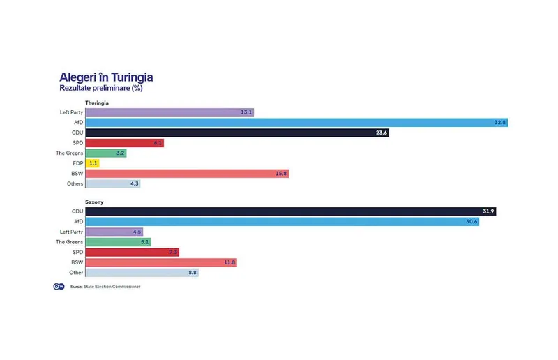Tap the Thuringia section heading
(96, 103)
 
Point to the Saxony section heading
(94, 201)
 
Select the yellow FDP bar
(93, 163)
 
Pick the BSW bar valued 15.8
(187, 173)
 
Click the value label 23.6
(381, 133)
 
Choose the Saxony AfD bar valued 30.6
(282, 221)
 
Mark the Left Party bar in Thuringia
(169, 112)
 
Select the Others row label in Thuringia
(75, 183)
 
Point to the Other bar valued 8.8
(142, 272)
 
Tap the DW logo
(59, 287)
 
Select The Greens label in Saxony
(69, 241)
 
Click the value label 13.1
(246, 112)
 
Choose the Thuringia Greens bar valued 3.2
(105, 153)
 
